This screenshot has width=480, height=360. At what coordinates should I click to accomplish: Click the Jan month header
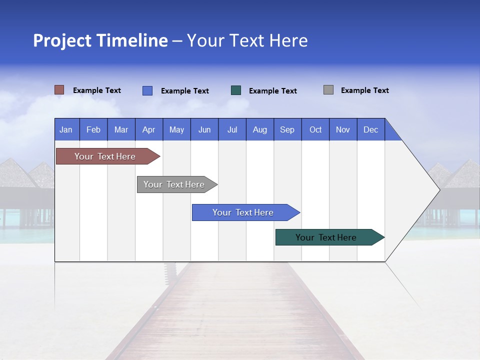click(x=66, y=129)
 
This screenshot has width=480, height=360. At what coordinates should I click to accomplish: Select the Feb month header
click(x=93, y=129)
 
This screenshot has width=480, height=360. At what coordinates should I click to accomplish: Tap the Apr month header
click(x=148, y=129)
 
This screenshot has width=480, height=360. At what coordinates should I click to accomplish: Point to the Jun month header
click(x=204, y=129)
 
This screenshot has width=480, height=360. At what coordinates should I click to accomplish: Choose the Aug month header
click(x=259, y=129)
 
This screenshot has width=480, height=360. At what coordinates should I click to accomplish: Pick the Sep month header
click(x=287, y=129)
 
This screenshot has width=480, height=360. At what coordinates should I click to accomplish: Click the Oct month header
click(x=315, y=129)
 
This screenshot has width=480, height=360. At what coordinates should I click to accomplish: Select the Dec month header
click(x=370, y=129)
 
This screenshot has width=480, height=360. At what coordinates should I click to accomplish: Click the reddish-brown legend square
click(x=59, y=90)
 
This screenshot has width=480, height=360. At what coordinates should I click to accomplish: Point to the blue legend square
click(x=147, y=90)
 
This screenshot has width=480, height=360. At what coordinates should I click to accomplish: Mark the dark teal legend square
click(x=236, y=90)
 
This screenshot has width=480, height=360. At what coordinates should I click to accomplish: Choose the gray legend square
click(x=328, y=90)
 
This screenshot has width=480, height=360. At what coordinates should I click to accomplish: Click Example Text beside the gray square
click(x=364, y=90)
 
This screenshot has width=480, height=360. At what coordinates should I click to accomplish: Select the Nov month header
click(x=342, y=129)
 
